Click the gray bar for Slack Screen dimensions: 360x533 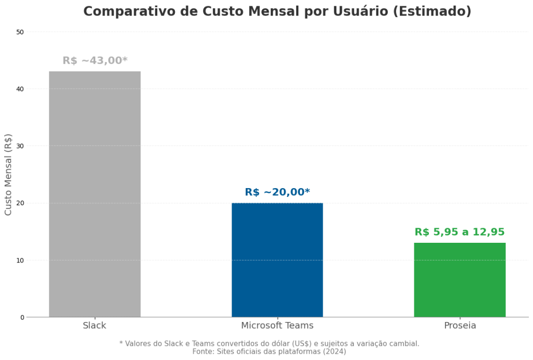click(95, 194)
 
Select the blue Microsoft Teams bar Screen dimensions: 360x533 click(277, 259)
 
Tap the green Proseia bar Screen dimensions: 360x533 click(460, 279)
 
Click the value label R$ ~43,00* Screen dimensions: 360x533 click(95, 60)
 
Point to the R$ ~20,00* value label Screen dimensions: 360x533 click(277, 192)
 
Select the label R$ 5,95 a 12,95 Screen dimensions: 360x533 click(460, 232)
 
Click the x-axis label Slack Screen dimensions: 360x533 click(95, 326)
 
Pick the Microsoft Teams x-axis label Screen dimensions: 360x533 click(277, 326)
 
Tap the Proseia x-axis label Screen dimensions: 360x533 click(460, 326)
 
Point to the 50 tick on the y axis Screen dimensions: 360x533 click(20, 32)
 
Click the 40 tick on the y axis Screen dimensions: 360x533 click(20, 89)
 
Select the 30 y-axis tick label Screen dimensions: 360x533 click(20, 146)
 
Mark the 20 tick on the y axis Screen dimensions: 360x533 click(20, 203)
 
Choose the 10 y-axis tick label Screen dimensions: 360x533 click(20, 260)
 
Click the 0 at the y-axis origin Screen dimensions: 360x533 click(22, 317)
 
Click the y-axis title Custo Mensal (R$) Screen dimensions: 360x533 click(8, 175)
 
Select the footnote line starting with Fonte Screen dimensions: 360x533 click(269, 352)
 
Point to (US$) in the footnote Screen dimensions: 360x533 click(298, 343)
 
